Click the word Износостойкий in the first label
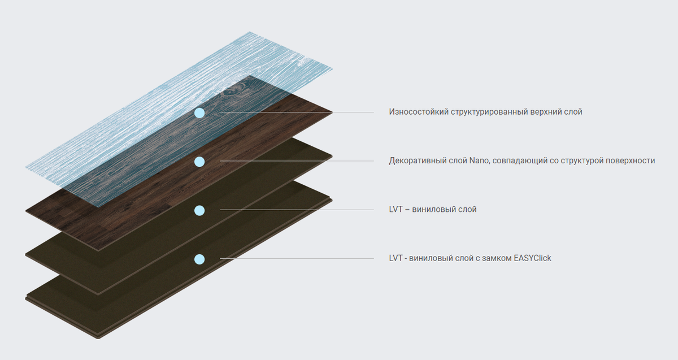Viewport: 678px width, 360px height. [419, 112]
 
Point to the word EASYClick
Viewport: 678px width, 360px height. [532, 258]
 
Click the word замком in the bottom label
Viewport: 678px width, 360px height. [496, 258]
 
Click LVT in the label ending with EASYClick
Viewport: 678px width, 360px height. [395, 258]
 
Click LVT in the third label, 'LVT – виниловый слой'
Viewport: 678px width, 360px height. [395, 210]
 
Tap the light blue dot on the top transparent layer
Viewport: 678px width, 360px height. [199, 113]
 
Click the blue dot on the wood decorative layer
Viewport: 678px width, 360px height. [199, 162]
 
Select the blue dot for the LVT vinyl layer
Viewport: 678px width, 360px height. [199, 210]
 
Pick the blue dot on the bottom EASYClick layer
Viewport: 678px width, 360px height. [199, 259]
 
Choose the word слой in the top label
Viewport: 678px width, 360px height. [573, 112]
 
